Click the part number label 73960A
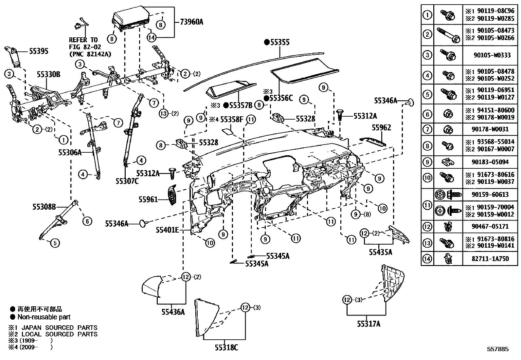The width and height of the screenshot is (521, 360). click(x=191, y=22)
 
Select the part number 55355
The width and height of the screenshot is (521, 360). click(x=279, y=42)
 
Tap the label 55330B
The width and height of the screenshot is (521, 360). click(x=48, y=75)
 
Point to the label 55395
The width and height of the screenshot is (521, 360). click(x=39, y=51)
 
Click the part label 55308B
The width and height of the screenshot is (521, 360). click(x=44, y=207)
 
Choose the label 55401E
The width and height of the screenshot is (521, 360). click(x=167, y=230)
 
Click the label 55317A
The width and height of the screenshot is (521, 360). click(x=368, y=324)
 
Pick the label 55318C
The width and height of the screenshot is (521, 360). click(x=226, y=348)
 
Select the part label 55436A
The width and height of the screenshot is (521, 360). click(x=173, y=312)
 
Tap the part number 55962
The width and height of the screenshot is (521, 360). click(x=381, y=127)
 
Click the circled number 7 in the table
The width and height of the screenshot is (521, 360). click(x=427, y=129)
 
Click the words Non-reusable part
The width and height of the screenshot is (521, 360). click(x=44, y=317)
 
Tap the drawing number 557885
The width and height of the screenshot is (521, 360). click(x=497, y=349)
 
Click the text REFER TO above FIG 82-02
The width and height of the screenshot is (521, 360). click(x=83, y=40)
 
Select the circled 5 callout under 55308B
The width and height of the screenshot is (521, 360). click(x=55, y=243)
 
